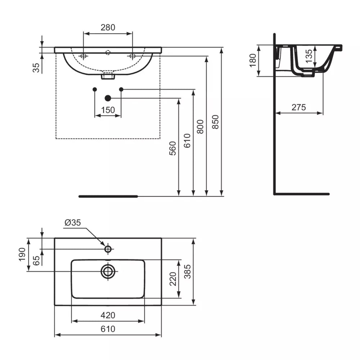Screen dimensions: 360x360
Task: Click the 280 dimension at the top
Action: (x=108, y=27)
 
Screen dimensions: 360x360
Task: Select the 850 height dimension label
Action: (x=215, y=122)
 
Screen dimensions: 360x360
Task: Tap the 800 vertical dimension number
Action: (x=200, y=127)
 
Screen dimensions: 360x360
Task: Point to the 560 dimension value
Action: (x=172, y=148)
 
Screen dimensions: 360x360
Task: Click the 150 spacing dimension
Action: (x=108, y=110)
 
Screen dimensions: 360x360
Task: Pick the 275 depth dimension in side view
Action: (x=299, y=107)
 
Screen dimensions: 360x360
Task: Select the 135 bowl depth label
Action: (x=309, y=56)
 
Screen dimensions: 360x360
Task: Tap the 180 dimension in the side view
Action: (x=253, y=60)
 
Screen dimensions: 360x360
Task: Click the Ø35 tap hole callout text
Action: (x=73, y=222)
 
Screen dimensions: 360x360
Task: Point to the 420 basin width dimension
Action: (x=108, y=315)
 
